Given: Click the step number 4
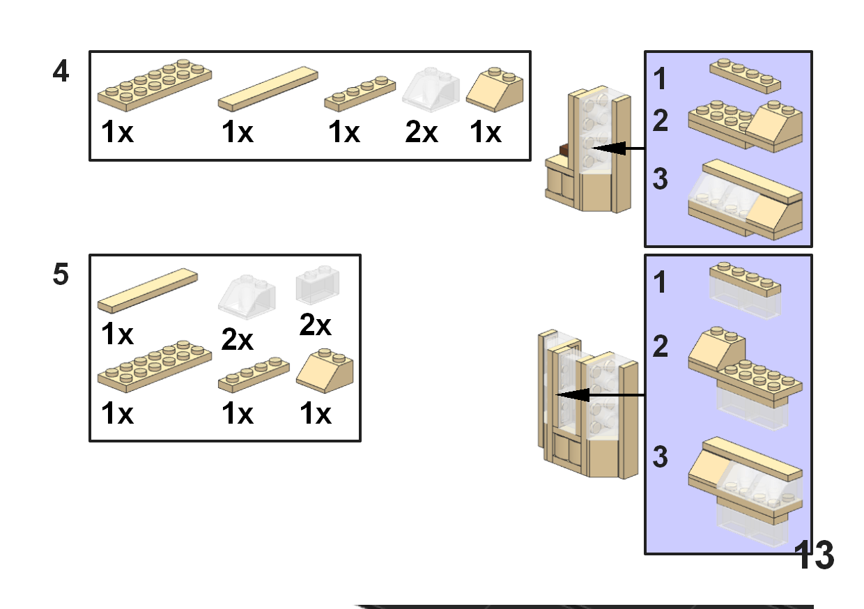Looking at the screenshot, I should point(61,72).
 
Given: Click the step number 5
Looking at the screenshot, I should point(61,275).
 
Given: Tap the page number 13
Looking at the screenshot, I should point(814,555).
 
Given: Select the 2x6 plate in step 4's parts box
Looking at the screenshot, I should point(154,86).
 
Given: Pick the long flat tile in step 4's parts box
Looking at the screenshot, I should point(268,89).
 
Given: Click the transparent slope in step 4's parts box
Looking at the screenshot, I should point(432,90).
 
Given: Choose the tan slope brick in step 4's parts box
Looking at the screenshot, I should point(495,90).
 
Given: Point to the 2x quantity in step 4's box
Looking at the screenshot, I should point(422,132).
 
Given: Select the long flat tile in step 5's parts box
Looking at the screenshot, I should point(148,290).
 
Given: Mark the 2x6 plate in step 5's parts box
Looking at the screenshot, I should point(154,367).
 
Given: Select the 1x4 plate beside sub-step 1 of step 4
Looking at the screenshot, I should point(745,75).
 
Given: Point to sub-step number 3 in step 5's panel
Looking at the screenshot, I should point(660,458).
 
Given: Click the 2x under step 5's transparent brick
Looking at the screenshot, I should point(316,325).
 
